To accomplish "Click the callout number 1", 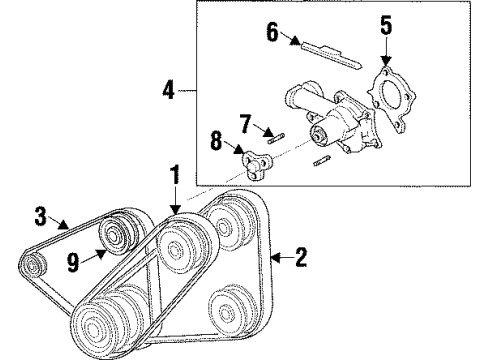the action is click(175, 174).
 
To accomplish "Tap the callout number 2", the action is click(301, 257).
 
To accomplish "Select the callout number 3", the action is click(41, 216).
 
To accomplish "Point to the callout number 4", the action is click(169, 90).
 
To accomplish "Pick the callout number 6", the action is click(272, 32).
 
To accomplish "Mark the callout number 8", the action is click(216, 140).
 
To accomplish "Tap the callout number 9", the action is click(73, 262).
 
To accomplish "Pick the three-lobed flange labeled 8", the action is click(256, 165).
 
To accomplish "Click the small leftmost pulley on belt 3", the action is click(32, 265).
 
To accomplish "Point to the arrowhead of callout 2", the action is click(275, 257).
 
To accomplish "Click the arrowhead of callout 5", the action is click(386, 61).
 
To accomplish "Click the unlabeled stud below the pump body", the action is click(322, 160).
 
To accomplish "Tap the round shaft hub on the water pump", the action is click(319, 136).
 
